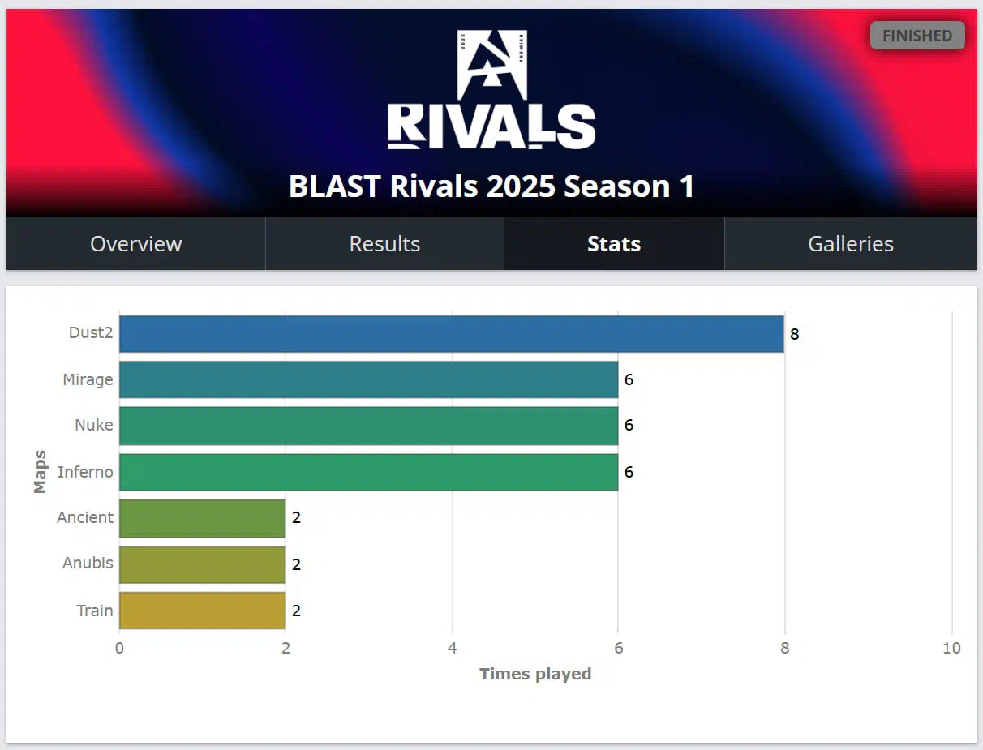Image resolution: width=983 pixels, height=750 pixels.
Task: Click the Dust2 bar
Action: coord(452,334)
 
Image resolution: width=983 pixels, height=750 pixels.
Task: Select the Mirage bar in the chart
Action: coord(368,379)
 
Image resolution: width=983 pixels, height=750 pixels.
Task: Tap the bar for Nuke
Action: coord(368,426)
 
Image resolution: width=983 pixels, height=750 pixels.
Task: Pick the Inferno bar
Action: coord(368,472)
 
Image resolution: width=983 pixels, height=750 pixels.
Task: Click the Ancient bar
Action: coord(203,518)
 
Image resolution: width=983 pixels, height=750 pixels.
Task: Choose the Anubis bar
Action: coord(203,564)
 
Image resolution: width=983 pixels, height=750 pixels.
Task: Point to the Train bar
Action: coord(203,611)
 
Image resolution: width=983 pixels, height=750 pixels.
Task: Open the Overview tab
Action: coord(136,244)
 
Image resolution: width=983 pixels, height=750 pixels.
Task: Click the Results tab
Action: coord(384,244)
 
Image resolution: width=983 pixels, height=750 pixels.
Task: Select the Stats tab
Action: coord(614,244)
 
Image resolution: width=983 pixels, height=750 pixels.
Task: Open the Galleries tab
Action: coord(851,244)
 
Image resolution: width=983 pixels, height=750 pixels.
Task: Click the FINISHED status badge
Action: coord(917,36)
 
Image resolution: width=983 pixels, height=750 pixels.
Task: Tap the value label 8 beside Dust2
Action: coord(795,334)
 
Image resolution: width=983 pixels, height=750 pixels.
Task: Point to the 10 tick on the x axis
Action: coord(951,648)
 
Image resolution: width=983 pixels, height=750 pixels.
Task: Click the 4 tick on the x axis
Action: coord(453,648)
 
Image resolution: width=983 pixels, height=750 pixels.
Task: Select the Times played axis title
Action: coord(535,674)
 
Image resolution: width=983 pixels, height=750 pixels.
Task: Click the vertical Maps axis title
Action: coord(40,472)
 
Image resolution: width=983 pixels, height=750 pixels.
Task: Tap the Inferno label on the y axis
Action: coord(85,472)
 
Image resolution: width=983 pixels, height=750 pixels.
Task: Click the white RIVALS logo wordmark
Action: coord(491,126)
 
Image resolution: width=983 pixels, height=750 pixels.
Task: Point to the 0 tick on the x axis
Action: coord(119,648)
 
